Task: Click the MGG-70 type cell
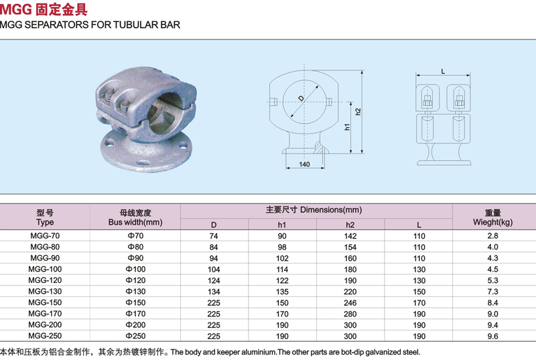(45, 235)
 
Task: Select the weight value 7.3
(492, 291)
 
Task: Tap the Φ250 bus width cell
(136, 336)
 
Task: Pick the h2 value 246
(350, 302)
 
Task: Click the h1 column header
(282, 225)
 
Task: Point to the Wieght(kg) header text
(492, 222)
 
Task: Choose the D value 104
(214, 269)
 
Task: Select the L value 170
(419, 302)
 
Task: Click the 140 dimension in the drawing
(304, 164)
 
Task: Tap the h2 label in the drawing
(358, 112)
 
